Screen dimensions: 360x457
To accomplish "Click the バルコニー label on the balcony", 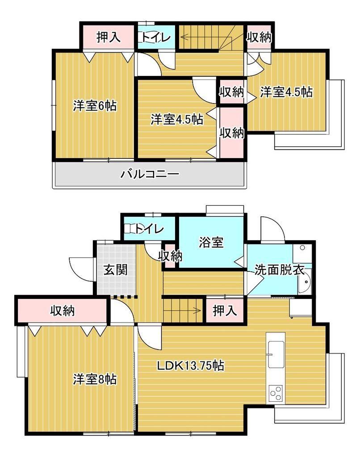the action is click(x=150, y=174).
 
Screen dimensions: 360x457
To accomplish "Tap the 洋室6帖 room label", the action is click(x=95, y=105).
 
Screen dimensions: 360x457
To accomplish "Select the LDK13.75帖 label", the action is click(x=191, y=365).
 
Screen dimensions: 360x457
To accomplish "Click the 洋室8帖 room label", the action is click(x=95, y=379).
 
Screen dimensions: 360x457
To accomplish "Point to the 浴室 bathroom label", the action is click(x=211, y=242).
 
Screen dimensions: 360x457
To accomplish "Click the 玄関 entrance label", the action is click(x=116, y=270).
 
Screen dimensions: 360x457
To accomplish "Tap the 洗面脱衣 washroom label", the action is click(x=280, y=270).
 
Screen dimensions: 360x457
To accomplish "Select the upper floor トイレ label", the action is click(x=156, y=37).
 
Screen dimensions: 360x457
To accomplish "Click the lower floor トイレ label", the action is click(x=149, y=229).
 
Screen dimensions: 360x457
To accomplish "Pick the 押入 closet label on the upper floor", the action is click(x=108, y=37).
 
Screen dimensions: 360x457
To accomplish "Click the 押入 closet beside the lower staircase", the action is click(x=225, y=311).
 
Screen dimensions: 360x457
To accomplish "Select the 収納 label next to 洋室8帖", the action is click(x=63, y=311).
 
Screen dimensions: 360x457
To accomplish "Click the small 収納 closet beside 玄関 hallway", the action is click(x=170, y=256).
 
